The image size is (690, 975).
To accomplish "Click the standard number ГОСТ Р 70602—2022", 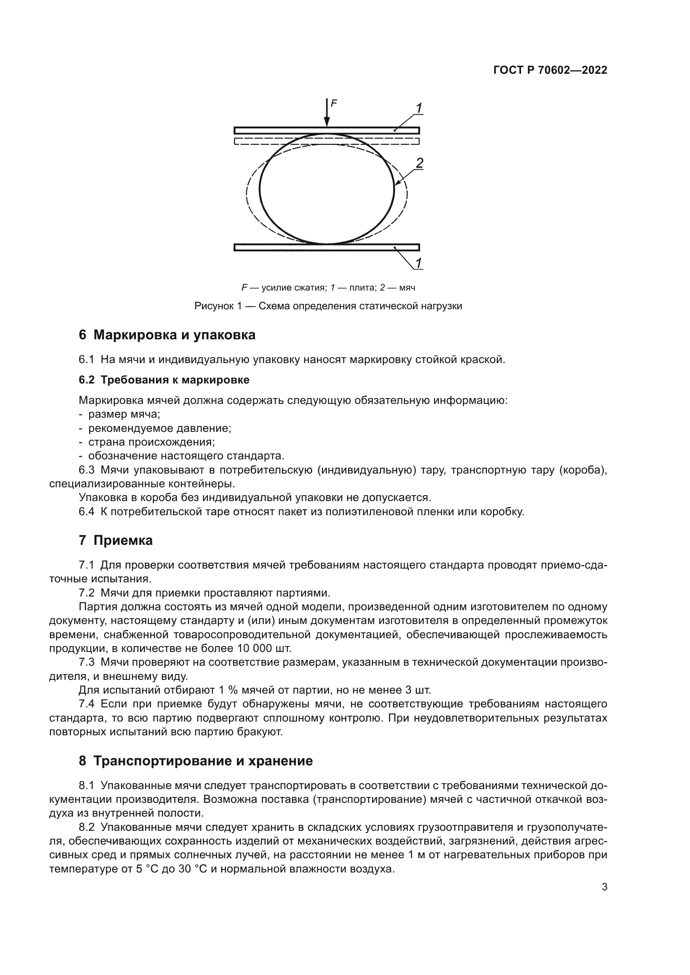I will (550, 70).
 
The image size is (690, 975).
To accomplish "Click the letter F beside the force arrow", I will (334, 103).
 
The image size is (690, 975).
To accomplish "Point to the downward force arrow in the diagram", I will (326, 113).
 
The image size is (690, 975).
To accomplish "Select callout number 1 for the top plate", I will (418, 108).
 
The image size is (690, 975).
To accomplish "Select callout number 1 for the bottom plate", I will (418, 263).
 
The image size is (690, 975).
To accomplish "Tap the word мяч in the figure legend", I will (407, 288).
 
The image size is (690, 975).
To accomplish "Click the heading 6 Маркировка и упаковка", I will (167, 335).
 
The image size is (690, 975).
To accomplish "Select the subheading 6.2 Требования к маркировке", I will (164, 380).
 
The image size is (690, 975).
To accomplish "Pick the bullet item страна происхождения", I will (151, 442).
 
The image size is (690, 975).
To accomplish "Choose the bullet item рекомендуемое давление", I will (159, 428).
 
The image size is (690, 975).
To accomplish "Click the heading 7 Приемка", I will (116, 541).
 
